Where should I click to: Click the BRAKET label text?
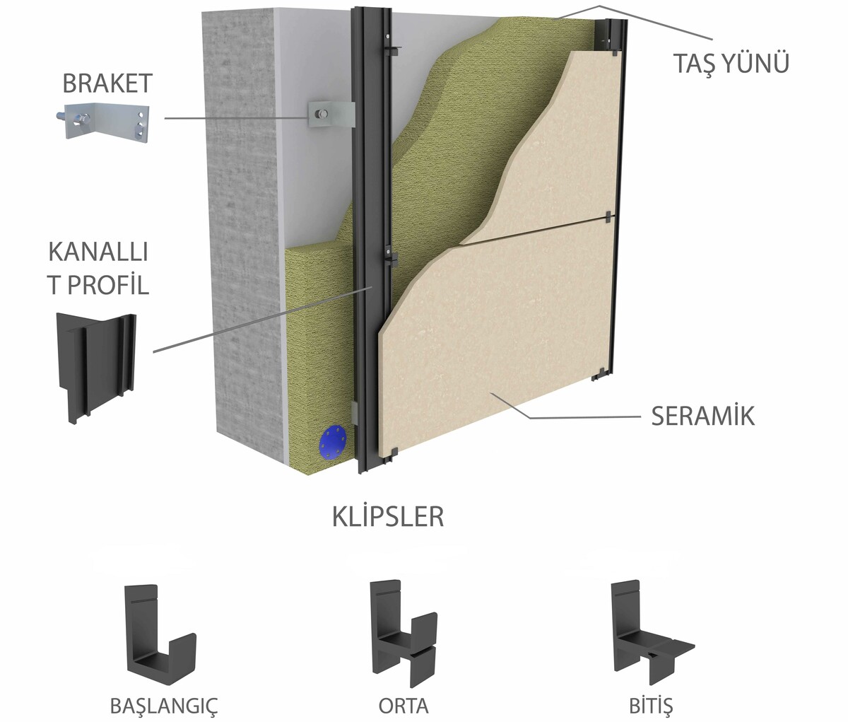107,83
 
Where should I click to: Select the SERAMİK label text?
702,416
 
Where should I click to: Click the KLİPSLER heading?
388,517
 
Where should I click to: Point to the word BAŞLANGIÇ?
164,706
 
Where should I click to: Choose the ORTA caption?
403,706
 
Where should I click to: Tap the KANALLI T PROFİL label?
98,269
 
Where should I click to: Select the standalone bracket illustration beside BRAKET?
105,119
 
